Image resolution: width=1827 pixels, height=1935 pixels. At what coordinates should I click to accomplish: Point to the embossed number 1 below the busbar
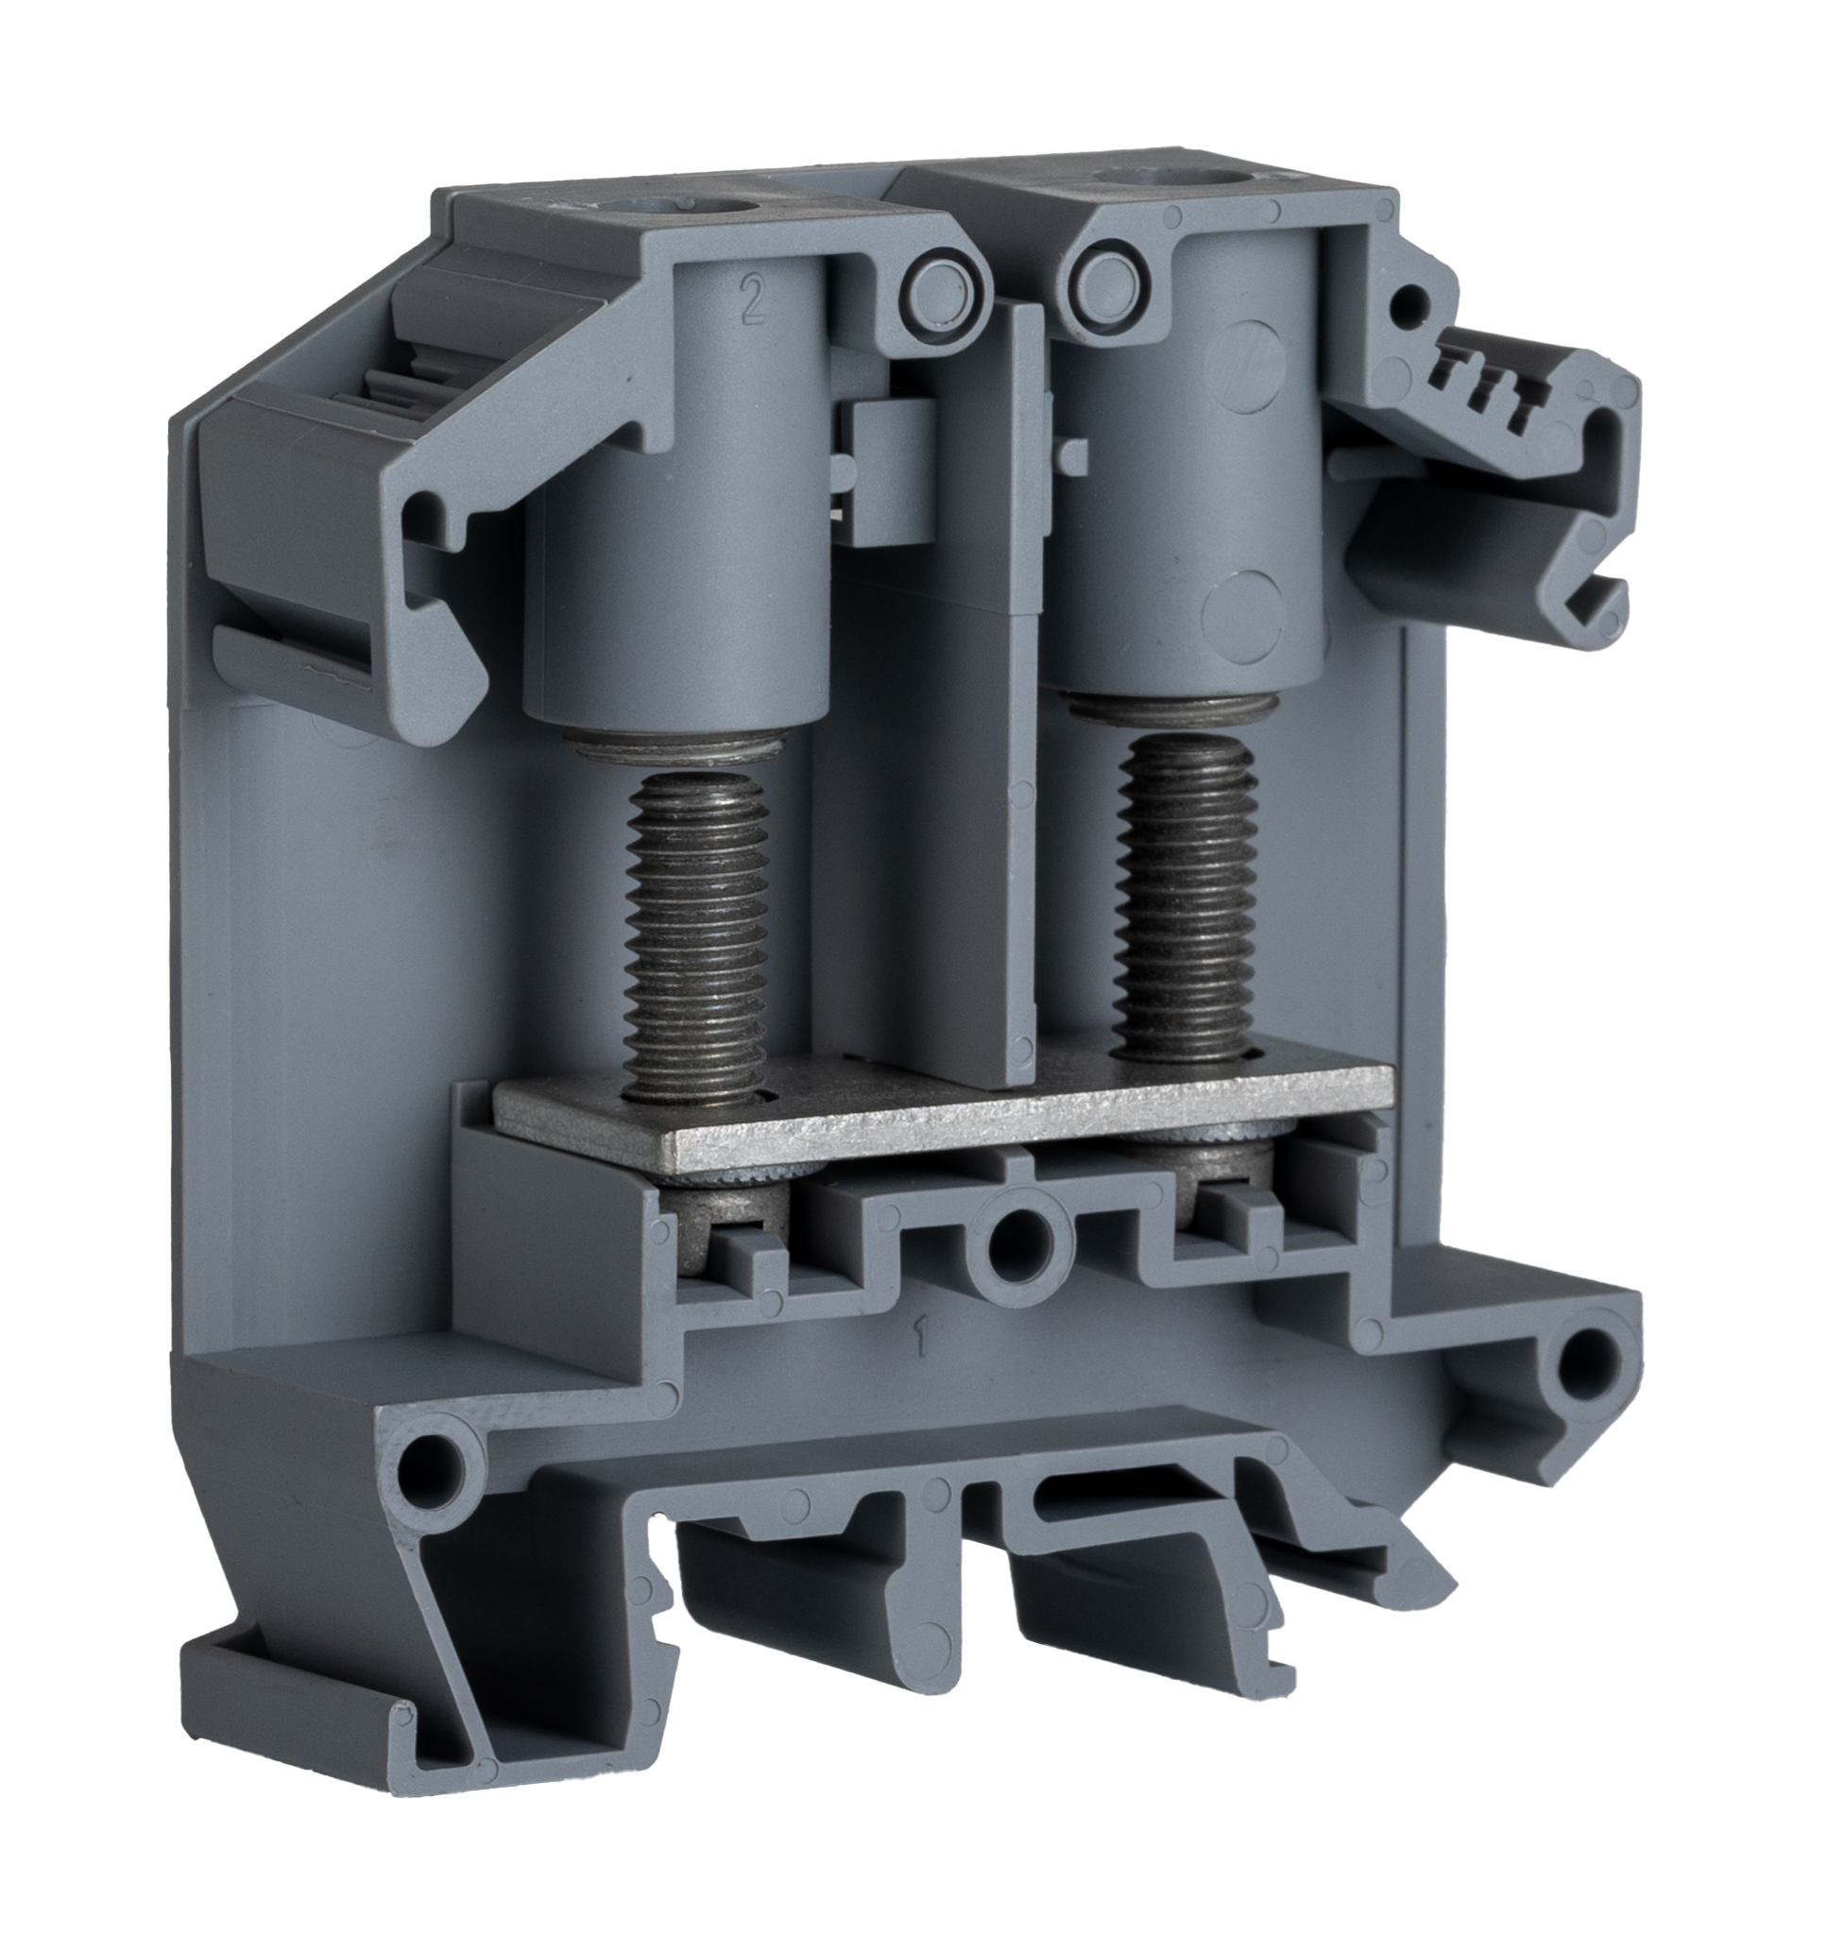(916, 1342)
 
